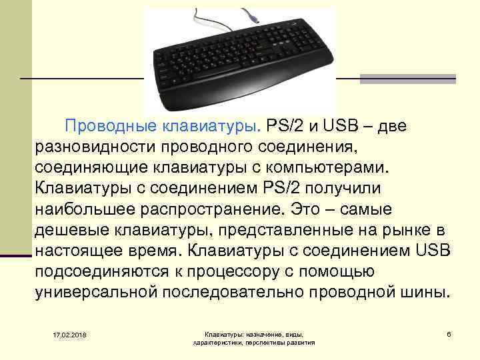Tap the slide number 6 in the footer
tap(449, 333)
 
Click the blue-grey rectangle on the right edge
tap(407, 79)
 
